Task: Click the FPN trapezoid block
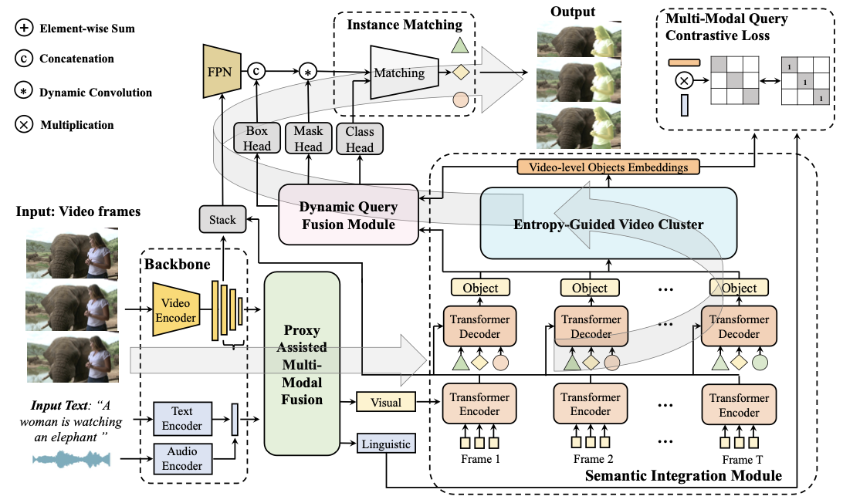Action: click(x=222, y=72)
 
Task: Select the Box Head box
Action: click(x=256, y=138)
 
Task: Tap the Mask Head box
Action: click(x=308, y=138)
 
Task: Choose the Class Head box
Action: click(x=360, y=139)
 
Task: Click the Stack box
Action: click(x=222, y=219)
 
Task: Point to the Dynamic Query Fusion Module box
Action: click(x=348, y=215)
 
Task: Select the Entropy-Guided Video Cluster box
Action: click(x=608, y=224)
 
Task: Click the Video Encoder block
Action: click(x=176, y=309)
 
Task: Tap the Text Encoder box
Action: click(x=182, y=419)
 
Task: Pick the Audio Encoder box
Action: click(x=182, y=458)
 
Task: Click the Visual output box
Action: click(x=386, y=402)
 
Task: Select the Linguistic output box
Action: click(x=386, y=444)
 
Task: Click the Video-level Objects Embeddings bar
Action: click(x=608, y=167)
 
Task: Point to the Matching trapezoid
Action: click(x=405, y=73)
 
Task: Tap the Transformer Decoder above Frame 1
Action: click(x=479, y=326)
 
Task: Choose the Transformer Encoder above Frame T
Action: click(x=739, y=405)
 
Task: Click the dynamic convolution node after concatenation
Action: click(x=308, y=71)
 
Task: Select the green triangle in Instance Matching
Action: click(x=459, y=45)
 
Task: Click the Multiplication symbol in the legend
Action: click(x=24, y=125)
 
